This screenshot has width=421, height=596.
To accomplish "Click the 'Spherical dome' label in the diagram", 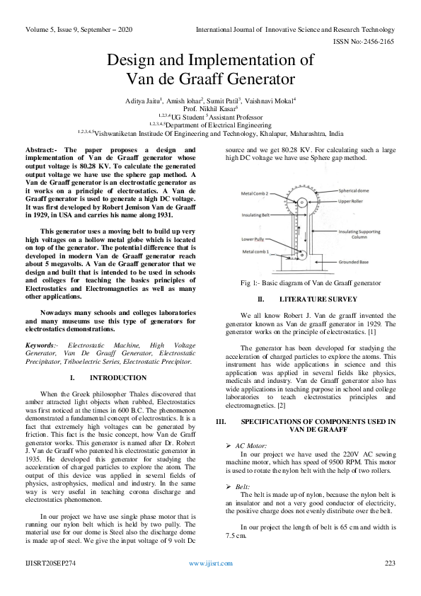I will pos(357,190).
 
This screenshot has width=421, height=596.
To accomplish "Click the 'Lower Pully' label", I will pos(253,239).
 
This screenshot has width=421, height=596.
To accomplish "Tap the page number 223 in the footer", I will pos(389,563).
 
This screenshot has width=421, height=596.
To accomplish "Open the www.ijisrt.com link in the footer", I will pos(210,563).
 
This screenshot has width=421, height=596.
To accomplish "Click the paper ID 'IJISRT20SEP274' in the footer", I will pos(52,563).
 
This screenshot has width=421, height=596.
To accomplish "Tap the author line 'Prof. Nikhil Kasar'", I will pos(210,110).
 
